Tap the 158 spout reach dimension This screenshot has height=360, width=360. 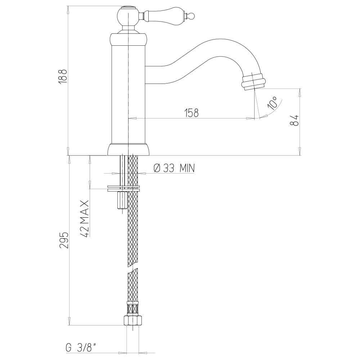(x=192, y=113)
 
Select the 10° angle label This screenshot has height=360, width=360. (x=272, y=103)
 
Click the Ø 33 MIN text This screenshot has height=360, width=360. (x=174, y=168)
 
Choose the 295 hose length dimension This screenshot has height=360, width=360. (x=63, y=240)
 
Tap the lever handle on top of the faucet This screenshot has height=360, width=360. (x=166, y=15)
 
